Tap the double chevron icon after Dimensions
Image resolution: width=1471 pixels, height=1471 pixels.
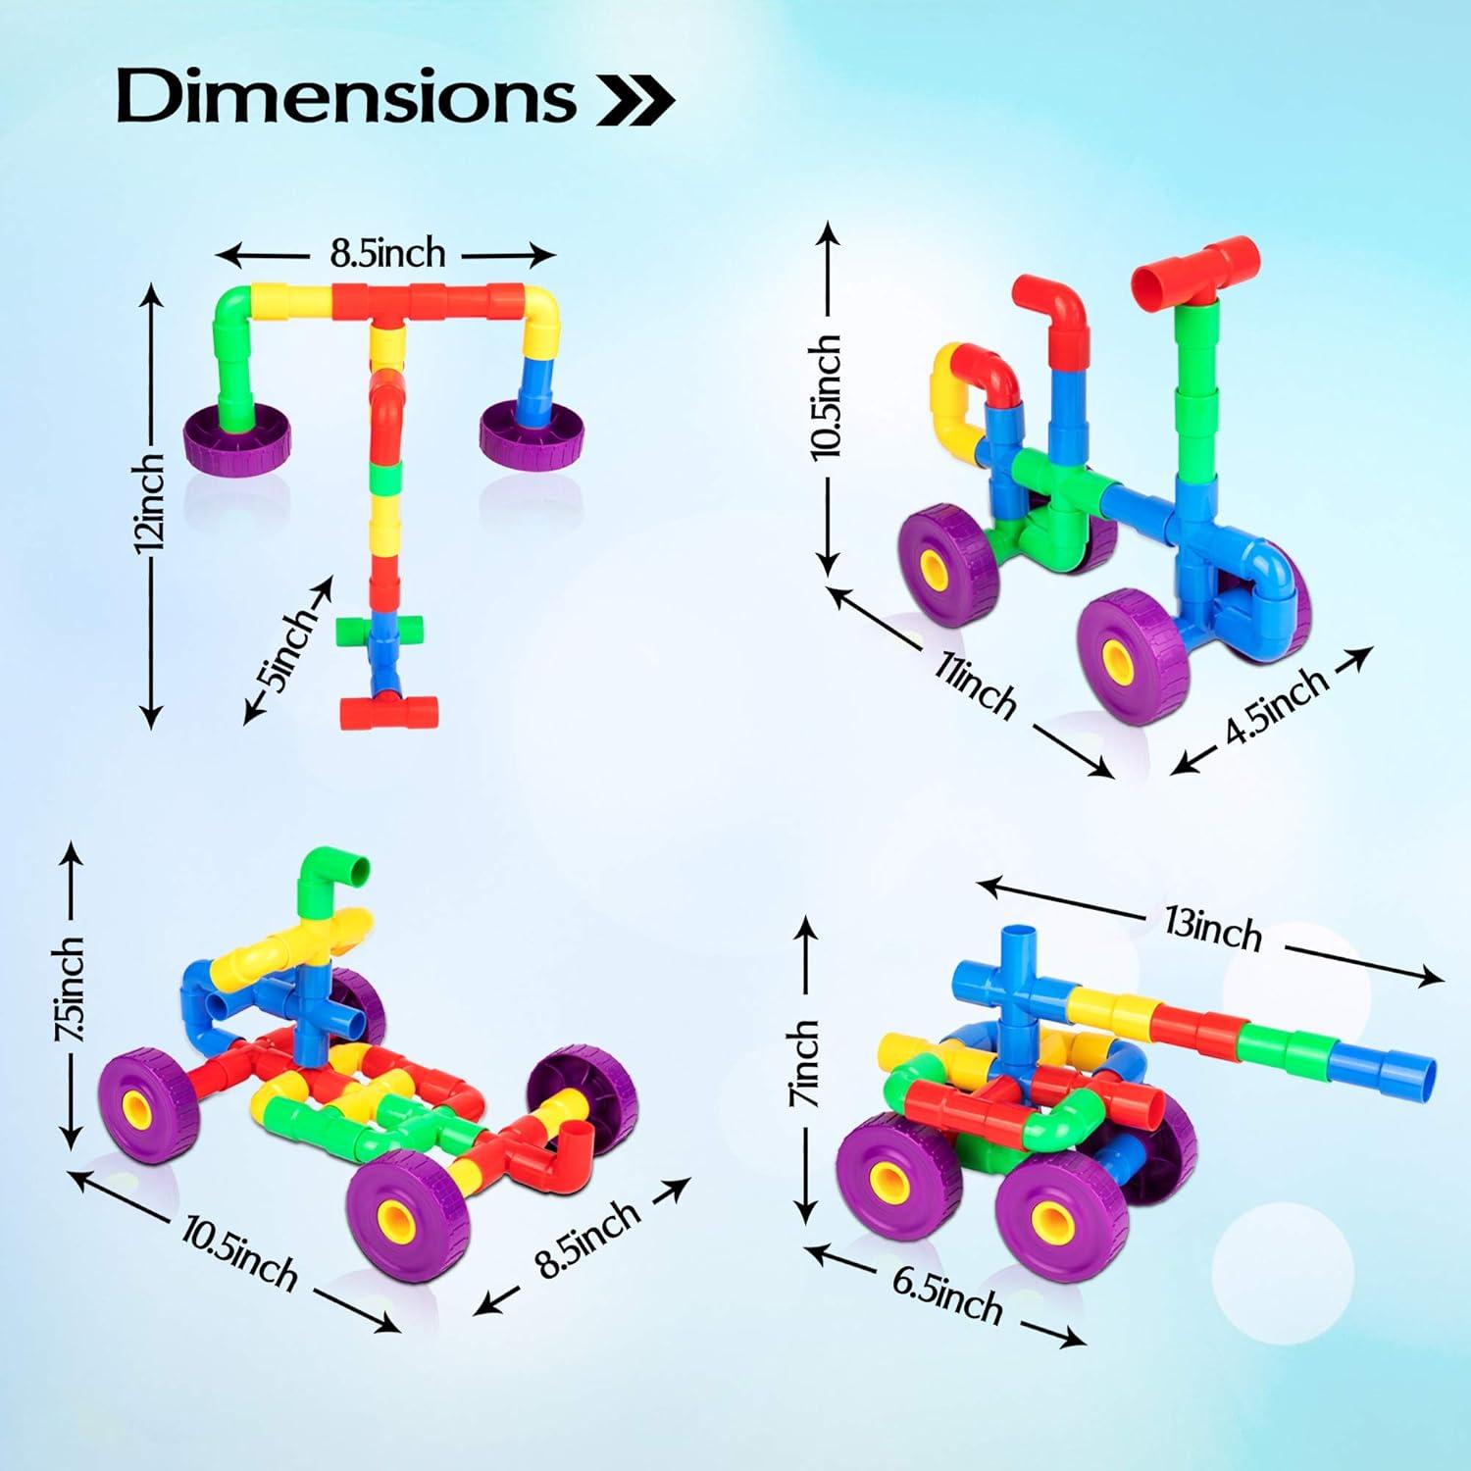pos(636,100)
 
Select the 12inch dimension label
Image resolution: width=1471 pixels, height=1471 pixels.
pos(150,502)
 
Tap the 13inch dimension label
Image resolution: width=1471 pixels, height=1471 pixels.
pos(1213,929)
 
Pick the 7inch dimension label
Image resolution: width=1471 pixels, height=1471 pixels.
pos(803,1063)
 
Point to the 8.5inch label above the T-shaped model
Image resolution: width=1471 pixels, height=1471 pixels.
pos(387,254)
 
